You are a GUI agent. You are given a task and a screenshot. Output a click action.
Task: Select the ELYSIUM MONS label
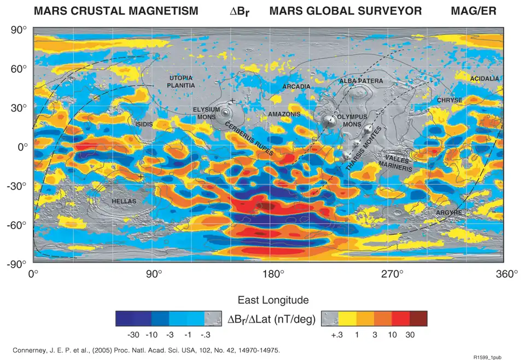pyautogui.click(x=207, y=113)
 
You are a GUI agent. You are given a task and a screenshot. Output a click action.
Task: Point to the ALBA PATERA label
pyautogui.click(x=361, y=81)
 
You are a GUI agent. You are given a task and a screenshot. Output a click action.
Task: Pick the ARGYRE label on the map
pyautogui.click(x=448, y=212)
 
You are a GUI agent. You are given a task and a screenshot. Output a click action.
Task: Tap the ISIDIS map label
pyautogui.click(x=144, y=124)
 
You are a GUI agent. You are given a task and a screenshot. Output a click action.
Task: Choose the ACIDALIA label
pyautogui.click(x=485, y=79)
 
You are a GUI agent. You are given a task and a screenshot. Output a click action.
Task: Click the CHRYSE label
pyautogui.click(x=450, y=101)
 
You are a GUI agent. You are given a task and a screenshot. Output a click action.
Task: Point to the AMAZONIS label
pyautogui.click(x=284, y=114)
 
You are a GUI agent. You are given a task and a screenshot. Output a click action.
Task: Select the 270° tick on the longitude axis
pyautogui.click(x=392, y=274)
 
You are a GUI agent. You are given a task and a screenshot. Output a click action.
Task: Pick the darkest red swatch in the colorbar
pyautogui.click(x=418, y=318)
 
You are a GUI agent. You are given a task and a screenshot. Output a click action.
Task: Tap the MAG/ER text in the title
pyautogui.click(x=474, y=11)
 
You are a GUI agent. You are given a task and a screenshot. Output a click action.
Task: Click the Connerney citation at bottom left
pyautogui.click(x=145, y=350)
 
